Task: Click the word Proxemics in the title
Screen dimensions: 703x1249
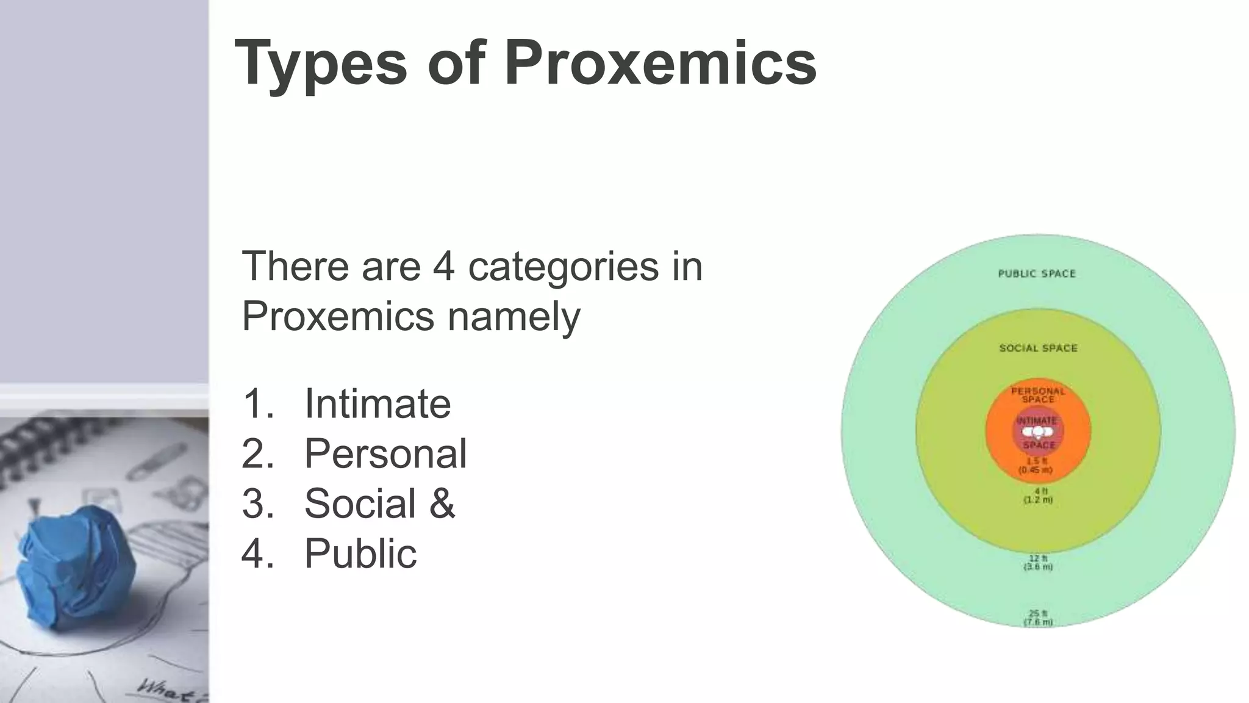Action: pos(660,63)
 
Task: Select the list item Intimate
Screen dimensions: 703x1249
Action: pos(378,403)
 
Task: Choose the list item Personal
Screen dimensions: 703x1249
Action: pos(385,453)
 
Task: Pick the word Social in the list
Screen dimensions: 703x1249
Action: pos(360,503)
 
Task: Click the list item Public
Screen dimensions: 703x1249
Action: pos(360,553)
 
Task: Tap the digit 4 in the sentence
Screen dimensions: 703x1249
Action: pos(444,266)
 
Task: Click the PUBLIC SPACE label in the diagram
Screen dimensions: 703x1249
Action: pos(1037,273)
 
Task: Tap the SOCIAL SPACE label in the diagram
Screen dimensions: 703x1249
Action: pos(1038,348)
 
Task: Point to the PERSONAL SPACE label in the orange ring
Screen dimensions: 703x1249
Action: pos(1038,395)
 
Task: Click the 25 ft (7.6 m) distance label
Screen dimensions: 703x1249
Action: pos(1038,618)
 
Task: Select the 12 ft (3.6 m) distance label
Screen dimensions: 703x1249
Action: pos(1038,562)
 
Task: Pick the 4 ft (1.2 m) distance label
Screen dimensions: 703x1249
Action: pos(1038,495)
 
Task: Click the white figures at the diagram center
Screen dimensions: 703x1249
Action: pos(1037,432)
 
